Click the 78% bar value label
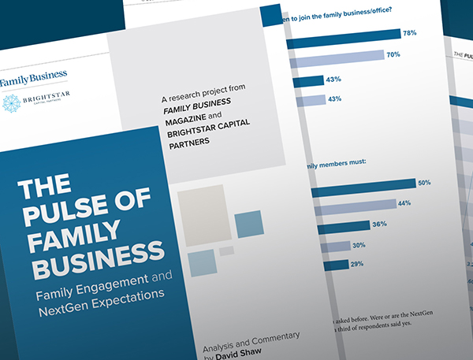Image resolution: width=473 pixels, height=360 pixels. [408, 34]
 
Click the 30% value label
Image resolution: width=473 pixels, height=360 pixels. [358, 245]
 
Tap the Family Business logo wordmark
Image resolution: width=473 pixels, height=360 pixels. [33, 76]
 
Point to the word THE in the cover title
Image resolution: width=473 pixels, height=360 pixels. [44, 190]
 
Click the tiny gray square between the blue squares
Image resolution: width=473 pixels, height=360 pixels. [226, 251]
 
